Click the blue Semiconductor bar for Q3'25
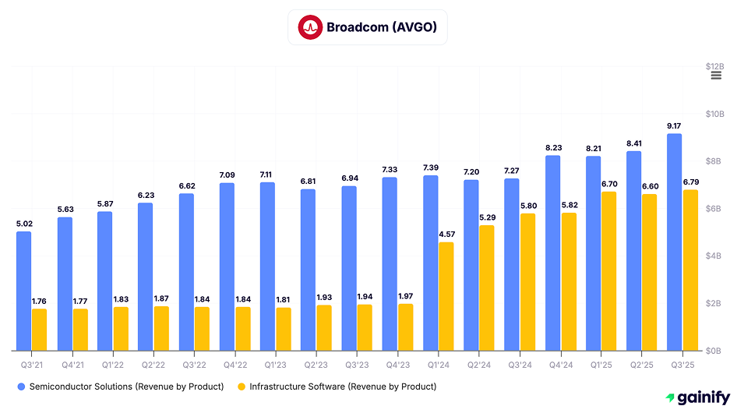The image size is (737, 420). [x=675, y=242]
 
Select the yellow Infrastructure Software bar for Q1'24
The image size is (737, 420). [x=446, y=296]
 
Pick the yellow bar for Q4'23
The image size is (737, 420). [x=405, y=326]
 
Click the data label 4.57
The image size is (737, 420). [x=446, y=234]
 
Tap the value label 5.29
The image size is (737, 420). [x=487, y=217]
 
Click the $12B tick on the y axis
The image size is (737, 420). [x=714, y=67]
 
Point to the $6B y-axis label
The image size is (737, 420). [x=714, y=209]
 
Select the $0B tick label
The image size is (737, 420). [x=714, y=351]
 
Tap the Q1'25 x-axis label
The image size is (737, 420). [x=601, y=362]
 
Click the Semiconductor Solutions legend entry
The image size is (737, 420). [x=121, y=386]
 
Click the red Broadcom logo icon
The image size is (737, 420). [x=310, y=28]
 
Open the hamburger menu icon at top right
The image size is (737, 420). [x=716, y=76]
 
